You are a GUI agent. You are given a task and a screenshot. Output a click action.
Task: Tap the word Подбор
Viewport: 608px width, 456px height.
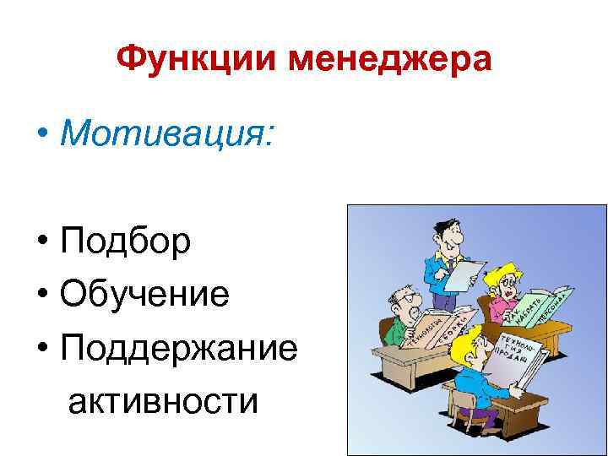(x=125, y=242)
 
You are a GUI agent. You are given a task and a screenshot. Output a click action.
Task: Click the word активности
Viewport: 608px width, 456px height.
(x=163, y=399)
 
